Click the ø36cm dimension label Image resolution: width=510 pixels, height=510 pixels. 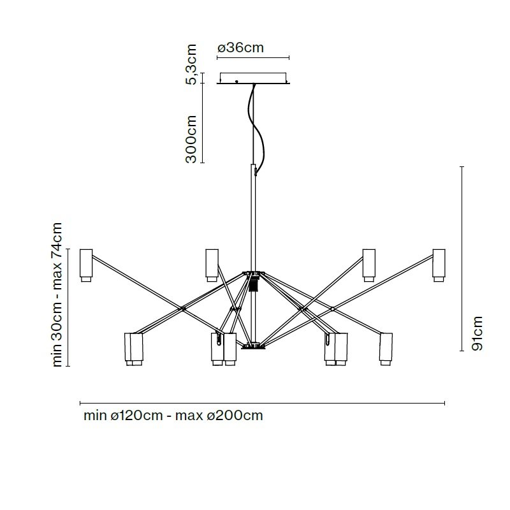(240, 48)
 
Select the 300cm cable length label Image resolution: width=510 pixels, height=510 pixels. (191, 139)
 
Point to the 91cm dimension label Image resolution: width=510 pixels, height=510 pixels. (477, 333)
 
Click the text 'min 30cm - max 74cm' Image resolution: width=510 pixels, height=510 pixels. (57, 295)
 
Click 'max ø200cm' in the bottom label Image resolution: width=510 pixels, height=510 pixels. (219, 416)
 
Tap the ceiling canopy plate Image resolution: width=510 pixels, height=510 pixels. (253, 78)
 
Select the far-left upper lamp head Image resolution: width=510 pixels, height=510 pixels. (86, 265)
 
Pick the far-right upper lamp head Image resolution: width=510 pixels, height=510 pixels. (439, 265)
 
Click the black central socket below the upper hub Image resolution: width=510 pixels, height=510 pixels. (253, 284)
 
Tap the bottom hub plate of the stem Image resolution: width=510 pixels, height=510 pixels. (253, 346)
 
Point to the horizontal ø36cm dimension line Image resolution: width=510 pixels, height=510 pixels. (253, 58)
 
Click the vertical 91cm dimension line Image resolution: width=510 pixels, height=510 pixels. (462, 259)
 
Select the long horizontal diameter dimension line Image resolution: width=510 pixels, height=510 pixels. (262, 404)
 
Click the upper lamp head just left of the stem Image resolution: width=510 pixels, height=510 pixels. (212, 265)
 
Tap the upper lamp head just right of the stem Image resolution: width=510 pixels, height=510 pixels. (369, 265)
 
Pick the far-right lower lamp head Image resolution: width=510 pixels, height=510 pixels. (386, 349)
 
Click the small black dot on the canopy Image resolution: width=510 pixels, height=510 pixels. (237, 82)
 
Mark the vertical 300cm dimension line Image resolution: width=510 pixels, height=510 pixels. (202, 123)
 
